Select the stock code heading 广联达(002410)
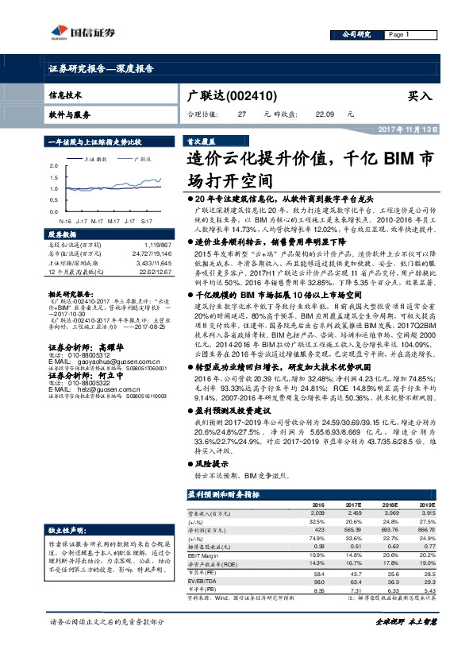(x=230, y=96)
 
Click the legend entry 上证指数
(x=96, y=159)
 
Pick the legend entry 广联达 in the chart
(x=143, y=159)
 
